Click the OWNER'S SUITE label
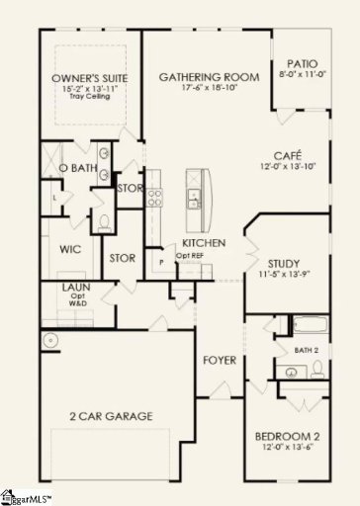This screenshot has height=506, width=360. coord(84,78)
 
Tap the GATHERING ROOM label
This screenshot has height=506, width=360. coord(209,77)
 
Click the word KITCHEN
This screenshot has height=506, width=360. coord(203,243)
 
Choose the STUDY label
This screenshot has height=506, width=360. coord(290,263)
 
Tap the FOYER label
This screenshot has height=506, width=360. coord(220,360)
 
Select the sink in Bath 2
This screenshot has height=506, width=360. coord(290,372)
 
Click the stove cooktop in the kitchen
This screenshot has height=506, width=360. coord(154,197)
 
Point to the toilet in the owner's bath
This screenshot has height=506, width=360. coord(106,220)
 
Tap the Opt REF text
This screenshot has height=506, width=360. coord(190,256)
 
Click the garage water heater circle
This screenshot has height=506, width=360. coord(50,342)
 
